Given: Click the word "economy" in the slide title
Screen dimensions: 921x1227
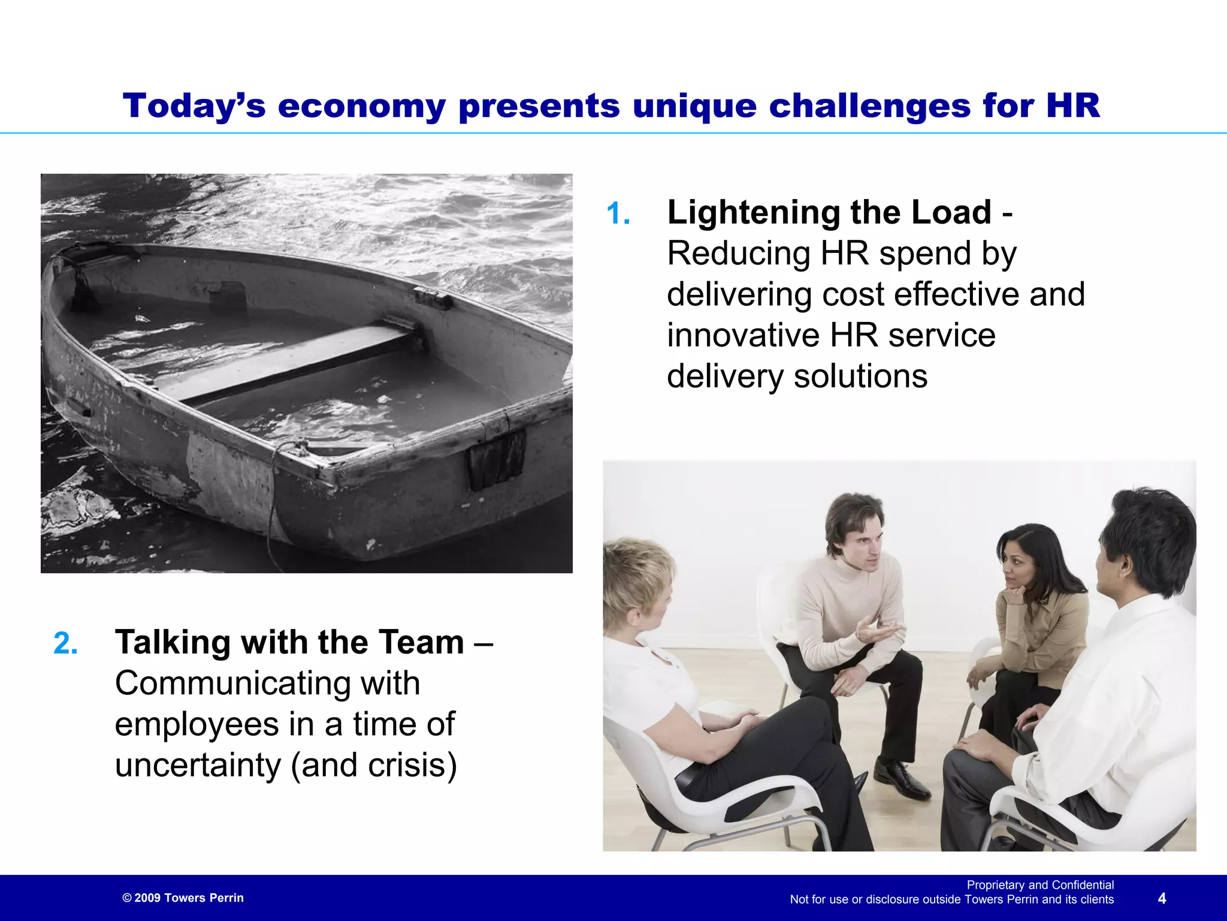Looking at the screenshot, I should pyautogui.click(x=361, y=107).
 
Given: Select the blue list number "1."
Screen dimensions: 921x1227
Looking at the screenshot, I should pyautogui.click(x=618, y=213).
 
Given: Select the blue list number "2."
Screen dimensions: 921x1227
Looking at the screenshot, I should pyautogui.click(x=66, y=643).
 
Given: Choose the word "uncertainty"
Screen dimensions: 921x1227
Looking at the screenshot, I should pyautogui.click(x=198, y=766).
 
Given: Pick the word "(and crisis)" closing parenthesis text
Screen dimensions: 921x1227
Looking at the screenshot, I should pyautogui.click(x=374, y=766).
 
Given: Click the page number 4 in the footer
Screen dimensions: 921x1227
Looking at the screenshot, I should pyautogui.click(x=1162, y=898).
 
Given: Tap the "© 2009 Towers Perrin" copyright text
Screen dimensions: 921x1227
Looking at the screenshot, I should pyautogui.click(x=183, y=898).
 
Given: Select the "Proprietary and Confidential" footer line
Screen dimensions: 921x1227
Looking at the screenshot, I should pyautogui.click(x=1040, y=885).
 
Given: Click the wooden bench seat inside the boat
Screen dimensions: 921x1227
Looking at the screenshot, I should pyautogui.click(x=288, y=363).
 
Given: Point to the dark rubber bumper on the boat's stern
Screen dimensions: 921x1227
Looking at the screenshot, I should pyautogui.click(x=497, y=459).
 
